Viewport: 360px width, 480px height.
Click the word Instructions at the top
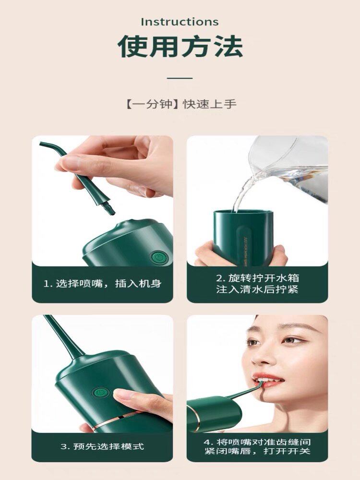[x=180, y=22]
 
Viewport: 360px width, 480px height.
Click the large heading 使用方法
[x=180, y=47]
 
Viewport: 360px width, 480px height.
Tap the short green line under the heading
[x=180, y=78]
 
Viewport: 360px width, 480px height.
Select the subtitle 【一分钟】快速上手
[x=180, y=104]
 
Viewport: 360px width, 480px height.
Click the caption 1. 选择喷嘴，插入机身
[x=102, y=284]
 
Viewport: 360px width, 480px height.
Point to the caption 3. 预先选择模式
[x=102, y=446]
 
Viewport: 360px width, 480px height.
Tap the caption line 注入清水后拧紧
[x=257, y=289]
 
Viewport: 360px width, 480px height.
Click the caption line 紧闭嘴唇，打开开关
[x=257, y=451]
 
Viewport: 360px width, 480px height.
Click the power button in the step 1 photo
[x=158, y=257]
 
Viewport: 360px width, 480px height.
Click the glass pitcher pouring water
[x=289, y=167]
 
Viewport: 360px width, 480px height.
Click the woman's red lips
[x=267, y=379]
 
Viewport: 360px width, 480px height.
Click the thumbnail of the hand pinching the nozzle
[x=103, y=201]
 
